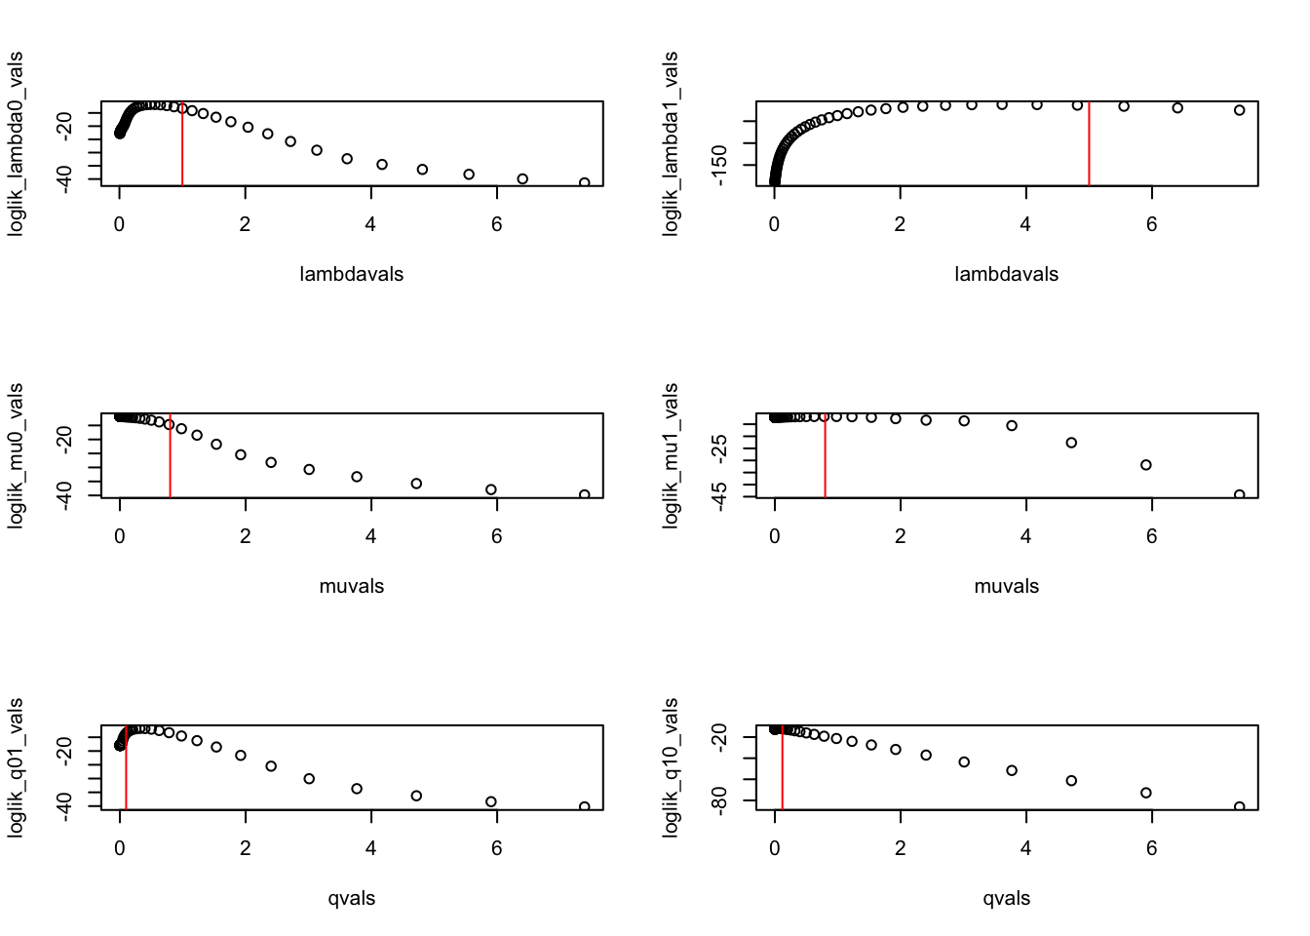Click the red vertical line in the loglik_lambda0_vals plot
(182, 146)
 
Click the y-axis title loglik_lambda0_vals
(17, 143)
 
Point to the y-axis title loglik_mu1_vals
(671, 455)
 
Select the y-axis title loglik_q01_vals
(17, 767)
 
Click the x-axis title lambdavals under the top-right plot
(1006, 274)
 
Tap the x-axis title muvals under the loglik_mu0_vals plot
(352, 586)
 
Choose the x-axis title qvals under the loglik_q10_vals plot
(1006, 898)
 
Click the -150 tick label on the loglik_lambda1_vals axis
(720, 165)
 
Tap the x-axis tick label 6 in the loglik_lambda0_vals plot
(497, 223)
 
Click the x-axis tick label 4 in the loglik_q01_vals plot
(371, 847)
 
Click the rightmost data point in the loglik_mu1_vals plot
(1240, 495)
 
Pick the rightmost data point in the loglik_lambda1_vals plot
(1240, 110)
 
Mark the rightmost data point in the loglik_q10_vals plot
(1240, 807)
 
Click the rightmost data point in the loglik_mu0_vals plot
(585, 495)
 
